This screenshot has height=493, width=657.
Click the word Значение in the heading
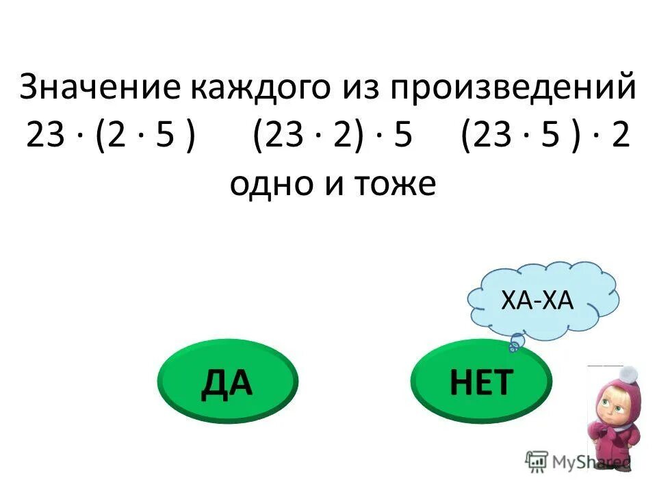coord(100,89)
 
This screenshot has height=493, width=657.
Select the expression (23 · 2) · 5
coord(332,136)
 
